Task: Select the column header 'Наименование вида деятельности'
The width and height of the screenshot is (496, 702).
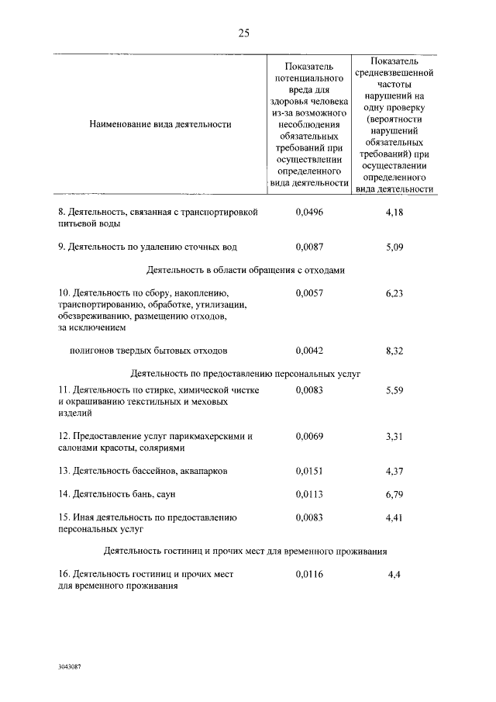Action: tap(160, 123)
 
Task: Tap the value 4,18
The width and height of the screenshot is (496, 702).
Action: tap(394, 211)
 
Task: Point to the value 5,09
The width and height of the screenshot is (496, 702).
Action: tap(394, 247)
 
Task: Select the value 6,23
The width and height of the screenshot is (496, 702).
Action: tap(394, 293)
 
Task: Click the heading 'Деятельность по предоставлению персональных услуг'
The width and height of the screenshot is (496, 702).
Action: tap(246, 373)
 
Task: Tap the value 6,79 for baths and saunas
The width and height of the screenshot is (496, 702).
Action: tap(394, 493)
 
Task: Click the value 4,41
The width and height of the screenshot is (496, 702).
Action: tap(394, 517)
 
